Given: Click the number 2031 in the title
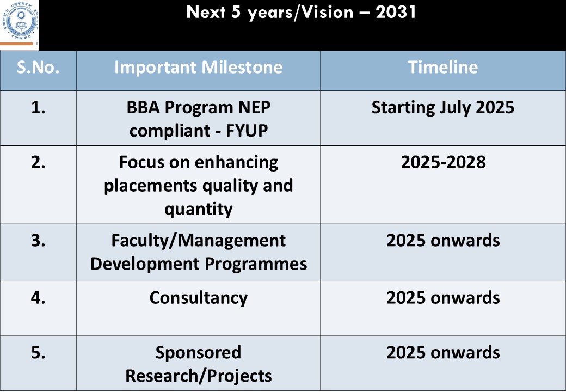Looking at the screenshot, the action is (x=396, y=12).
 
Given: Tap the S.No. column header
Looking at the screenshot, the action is (x=38, y=67).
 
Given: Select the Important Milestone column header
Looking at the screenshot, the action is (x=198, y=67).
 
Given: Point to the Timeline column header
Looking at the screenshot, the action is (x=443, y=67).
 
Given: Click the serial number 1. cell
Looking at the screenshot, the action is (x=38, y=108).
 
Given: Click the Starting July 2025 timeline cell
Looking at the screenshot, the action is (x=443, y=108).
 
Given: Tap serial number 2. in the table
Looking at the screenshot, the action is (x=38, y=162).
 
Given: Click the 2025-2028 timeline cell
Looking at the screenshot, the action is (x=443, y=162).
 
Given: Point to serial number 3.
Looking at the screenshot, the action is (x=38, y=241).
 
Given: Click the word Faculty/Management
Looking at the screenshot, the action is (x=198, y=241).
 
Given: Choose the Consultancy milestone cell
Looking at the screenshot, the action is (x=199, y=298).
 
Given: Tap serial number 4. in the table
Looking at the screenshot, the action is (x=38, y=298).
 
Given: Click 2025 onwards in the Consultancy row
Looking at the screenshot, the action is (x=443, y=298).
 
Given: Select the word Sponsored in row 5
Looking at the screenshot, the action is (x=198, y=353).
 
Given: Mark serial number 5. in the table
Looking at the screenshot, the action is (x=38, y=353).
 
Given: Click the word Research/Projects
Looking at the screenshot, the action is (x=198, y=376).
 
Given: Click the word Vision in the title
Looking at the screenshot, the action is (x=328, y=12).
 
